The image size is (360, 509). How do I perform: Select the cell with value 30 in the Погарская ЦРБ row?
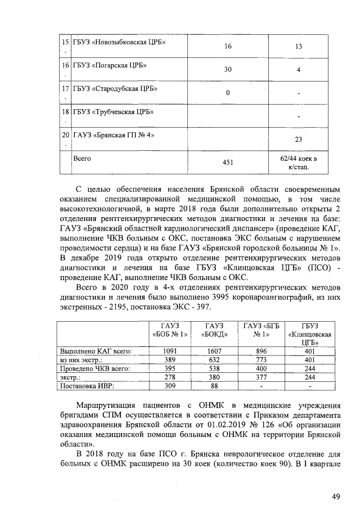pos(228,70)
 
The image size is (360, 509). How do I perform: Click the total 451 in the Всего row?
pos(228,163)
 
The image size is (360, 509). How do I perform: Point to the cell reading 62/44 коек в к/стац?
pos(299,163)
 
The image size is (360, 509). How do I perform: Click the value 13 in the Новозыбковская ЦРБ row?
pos(299,47)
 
